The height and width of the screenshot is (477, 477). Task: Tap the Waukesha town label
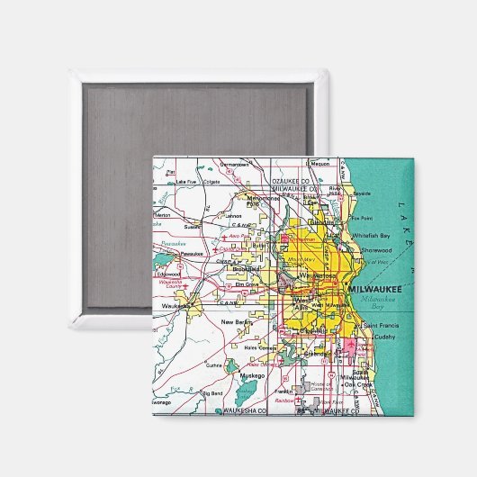click(x=175, y=306)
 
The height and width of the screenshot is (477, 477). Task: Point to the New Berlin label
click(x=238, y=322)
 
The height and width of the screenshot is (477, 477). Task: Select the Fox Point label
click(x=361, y=218)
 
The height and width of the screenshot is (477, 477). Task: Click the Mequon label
click(x=320, y=164)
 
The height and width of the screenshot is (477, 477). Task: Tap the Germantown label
click(x=236, y=165)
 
